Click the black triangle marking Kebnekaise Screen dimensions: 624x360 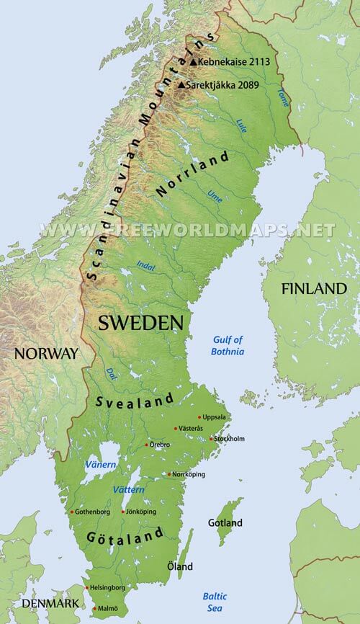pyautogui.click(x=193, y=63)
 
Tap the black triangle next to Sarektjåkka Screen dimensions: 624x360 pyautogui.click(x=181, y=85)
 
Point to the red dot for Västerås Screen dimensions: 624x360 pyautogui.click(x=176, y=429)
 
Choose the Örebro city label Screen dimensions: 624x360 pyautogui.click(x=159, y=445)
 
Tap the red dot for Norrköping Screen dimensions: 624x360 pyautogui.click(x=168, y=474)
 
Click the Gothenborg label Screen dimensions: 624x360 pyautogui.click(x=92, y=512)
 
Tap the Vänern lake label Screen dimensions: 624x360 pyautogui.click(x=100, y=465)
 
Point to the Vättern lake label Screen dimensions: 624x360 pyautogui.click(x=129, y=490)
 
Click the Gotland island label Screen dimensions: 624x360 pyautogui.click(x=225, y=522)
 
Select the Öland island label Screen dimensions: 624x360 pyautogui.click(x=180, y=567)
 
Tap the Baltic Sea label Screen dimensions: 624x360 pyautogui.click(x=214, y=602)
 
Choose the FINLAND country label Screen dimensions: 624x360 pyautogui.click(x=314, y=288)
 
